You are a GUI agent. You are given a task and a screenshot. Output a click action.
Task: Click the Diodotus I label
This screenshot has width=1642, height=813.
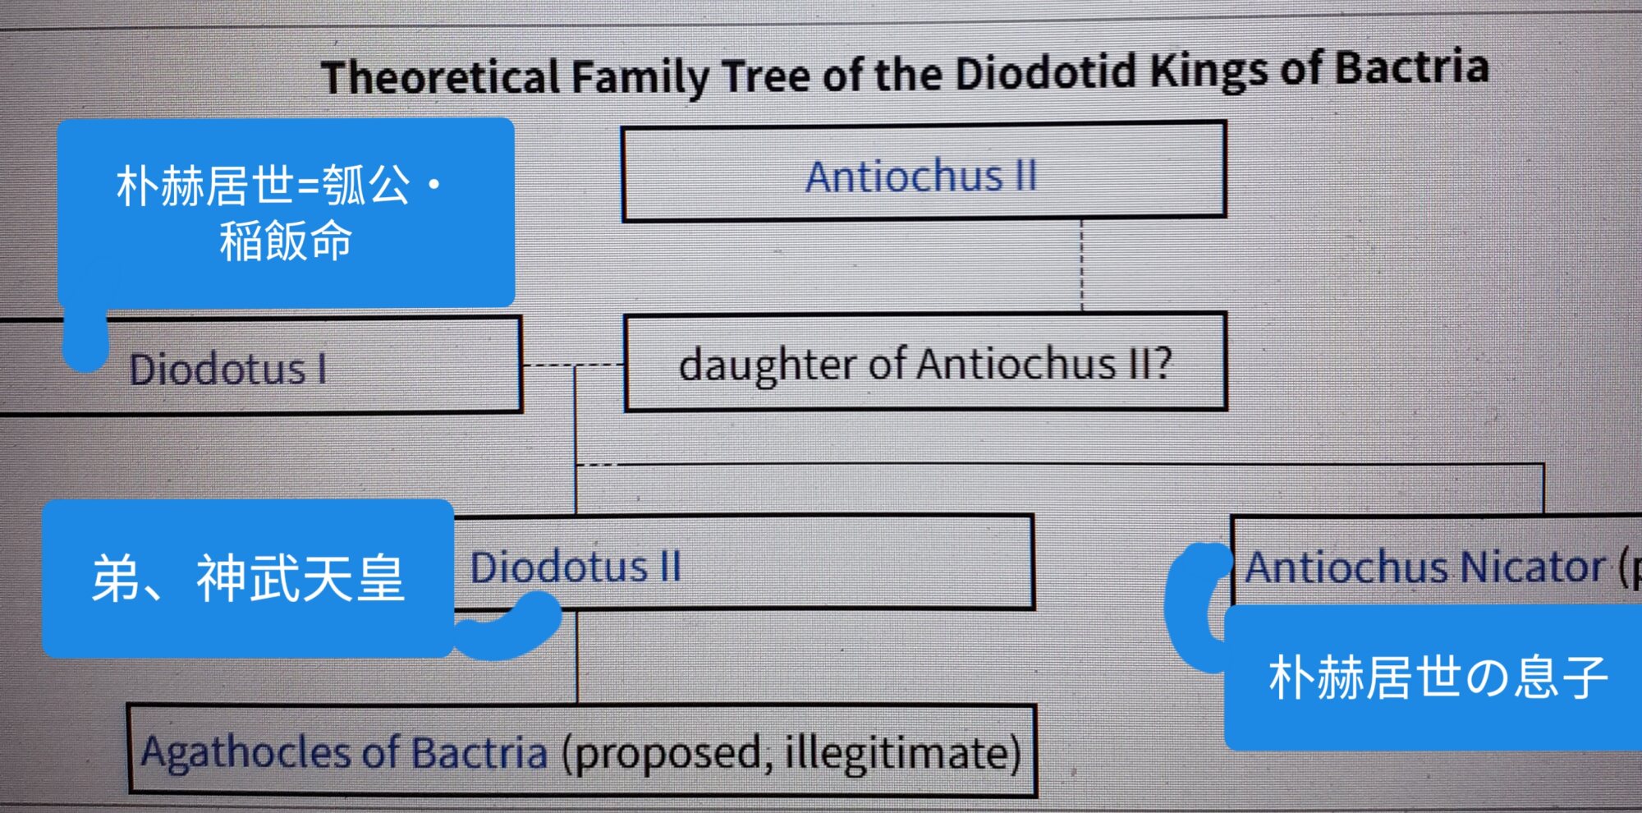[228, 369]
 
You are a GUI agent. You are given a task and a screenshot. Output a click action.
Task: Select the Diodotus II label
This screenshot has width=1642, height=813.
[576, 567]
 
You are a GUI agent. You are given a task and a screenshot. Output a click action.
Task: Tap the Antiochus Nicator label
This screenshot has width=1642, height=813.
[1425, 567]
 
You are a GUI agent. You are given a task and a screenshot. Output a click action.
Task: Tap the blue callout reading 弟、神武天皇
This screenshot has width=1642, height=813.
[248, 577]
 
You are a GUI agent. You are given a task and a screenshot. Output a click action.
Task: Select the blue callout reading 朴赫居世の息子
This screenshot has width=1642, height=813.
[1433, 677]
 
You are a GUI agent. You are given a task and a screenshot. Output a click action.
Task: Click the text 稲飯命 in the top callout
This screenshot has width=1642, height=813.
[286, 241]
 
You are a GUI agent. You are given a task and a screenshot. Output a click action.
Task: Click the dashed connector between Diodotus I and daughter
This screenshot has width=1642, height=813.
[573, 365]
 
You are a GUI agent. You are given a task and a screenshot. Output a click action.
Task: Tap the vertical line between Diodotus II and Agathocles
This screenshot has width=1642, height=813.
[577, 656]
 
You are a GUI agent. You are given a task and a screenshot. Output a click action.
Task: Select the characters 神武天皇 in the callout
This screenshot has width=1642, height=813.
[300, 577]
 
